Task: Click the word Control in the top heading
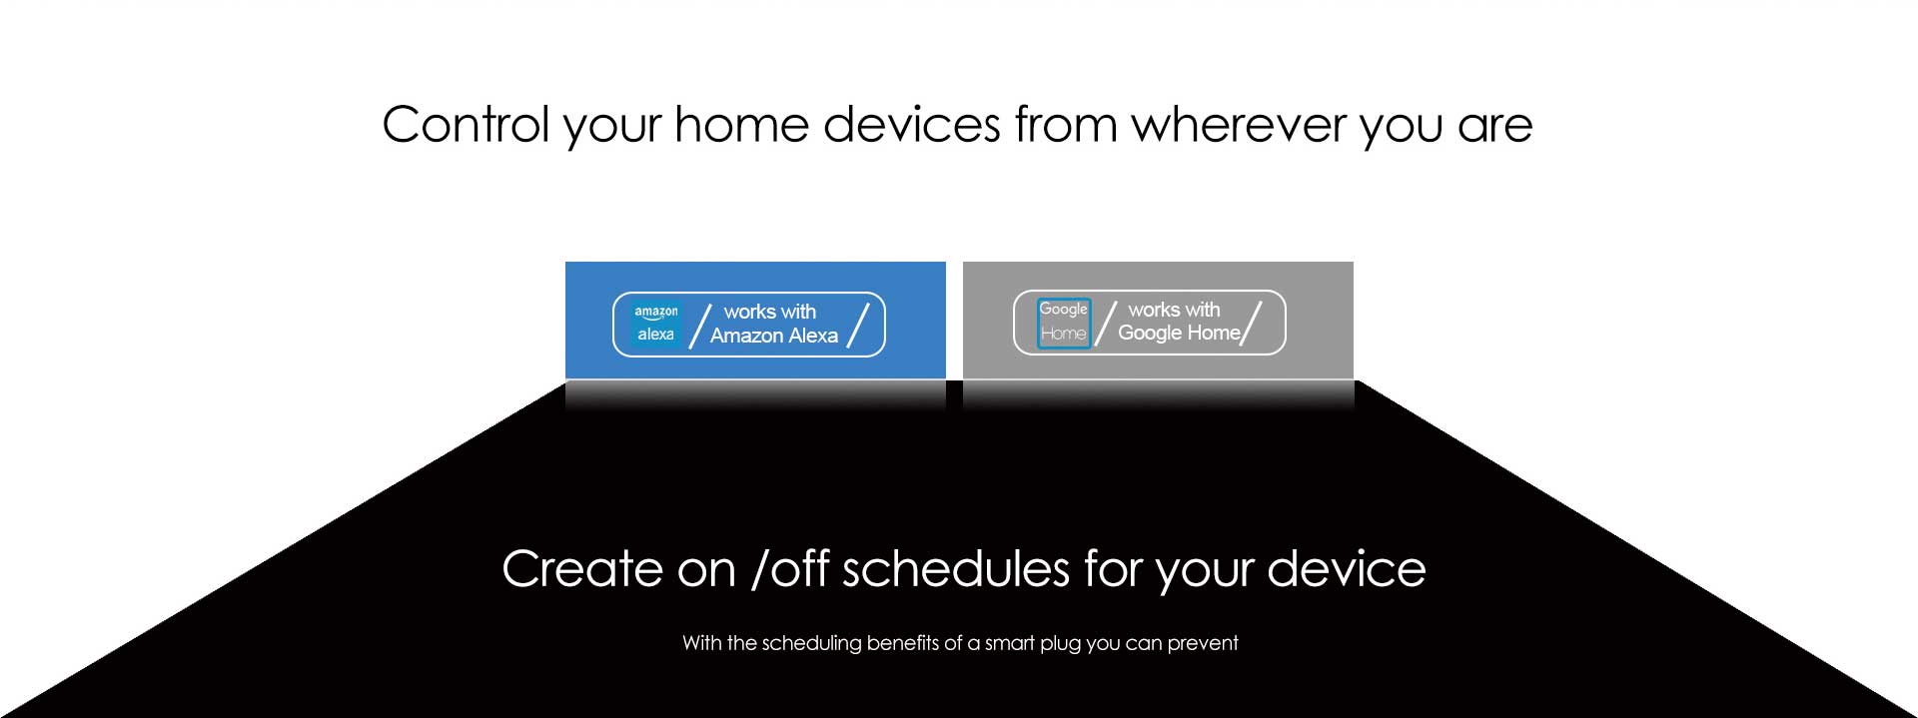pyautogui.click(x=466, y=125)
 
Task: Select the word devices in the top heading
pyautogui.click(x=911, y=125)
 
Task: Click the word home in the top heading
pyautogui.click(x=740, y=125)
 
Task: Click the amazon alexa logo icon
pyautogui.click(x=656, y=324)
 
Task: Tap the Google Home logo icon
pyautogui.click(x=1064, y=323)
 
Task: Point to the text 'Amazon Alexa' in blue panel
pyautogui.click(x=774, y=336)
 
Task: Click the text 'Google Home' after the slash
pyautogui.click(x=1179, y=333)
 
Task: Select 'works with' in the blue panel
pyautogui.click(x=770, y=312)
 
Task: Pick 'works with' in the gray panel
pyautogui.click(x=1174, y=310)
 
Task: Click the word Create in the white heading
pyautogui.click(x=582, y=569)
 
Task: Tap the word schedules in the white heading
pyautogui.click(x=956, y=569)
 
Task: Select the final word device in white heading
pyautogui.click(x=1346, y=569)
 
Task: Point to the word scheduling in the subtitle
pyautogui.click(x=811, y=643)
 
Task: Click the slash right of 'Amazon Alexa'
pyautogui.click(x=858, y=325)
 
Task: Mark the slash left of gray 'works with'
pyautogui.click(x=1106, y=323)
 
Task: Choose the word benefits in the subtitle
pyautogui.click(x=903, y=643)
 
